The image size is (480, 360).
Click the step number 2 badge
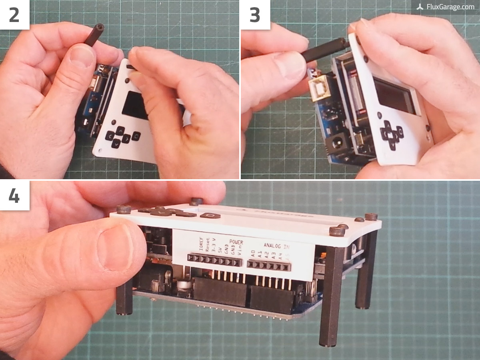pos(14,14)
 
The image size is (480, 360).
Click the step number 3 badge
pos(254,14)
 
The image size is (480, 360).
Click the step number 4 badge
pos(14,196)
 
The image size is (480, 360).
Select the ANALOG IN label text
pos(276,245)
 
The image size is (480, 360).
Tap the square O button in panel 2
pos(136,136)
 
